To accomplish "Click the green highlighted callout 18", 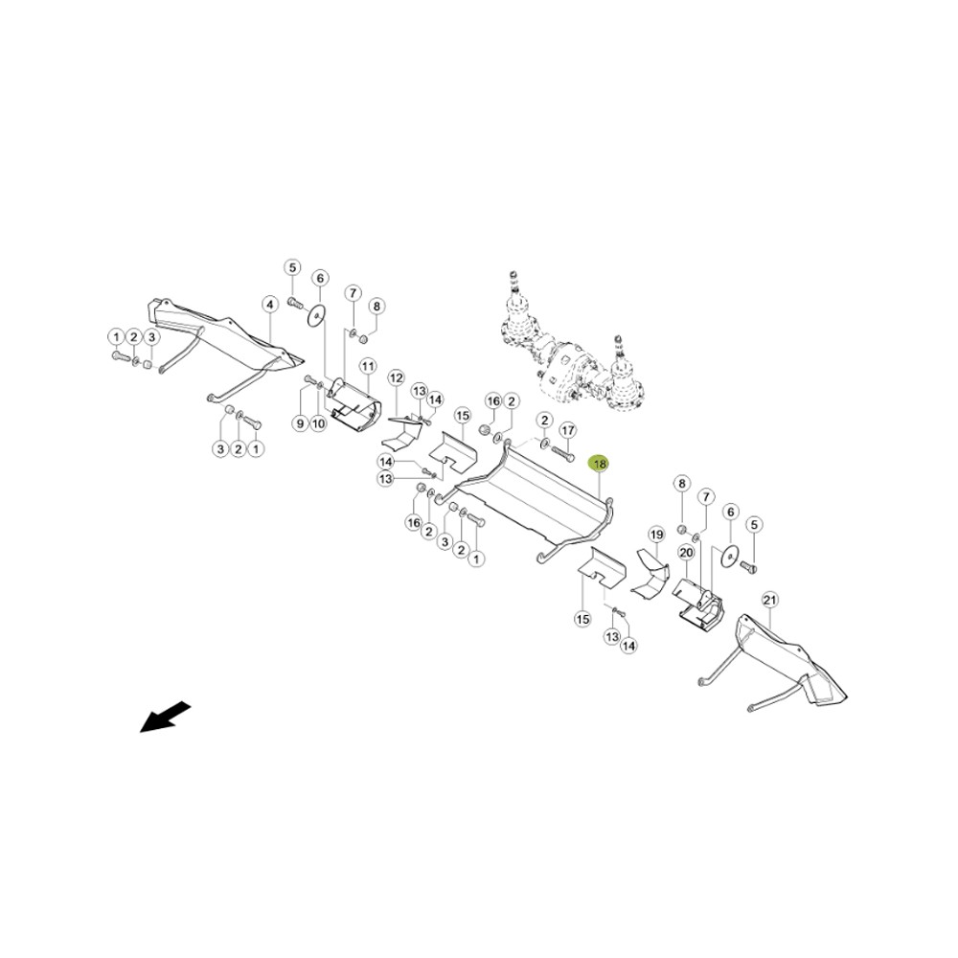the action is pyautogui.click(x=600, y=465).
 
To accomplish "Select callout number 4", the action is pyautogui.click(x=269, y=305).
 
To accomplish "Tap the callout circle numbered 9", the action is pyautogui.click(x=299, y=422).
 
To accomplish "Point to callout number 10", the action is pyautogui.click(x=318, y=422).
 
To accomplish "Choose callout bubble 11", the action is pyautogui.click(x=367, y=367).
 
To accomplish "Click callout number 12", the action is pyautogui.click(x=397, y=378).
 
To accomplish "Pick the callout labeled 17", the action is pyautogui.click(x=567, y=431).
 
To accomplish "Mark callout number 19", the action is pyautogui.click(x=656, y=536).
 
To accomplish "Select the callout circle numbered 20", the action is pyautogui.click(x=686, y=553).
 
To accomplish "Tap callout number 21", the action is pyautogui.click(x=770, y=601).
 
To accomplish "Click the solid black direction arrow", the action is pyautogui.click(x=166, y=718).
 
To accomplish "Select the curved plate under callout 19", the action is pyautogui.click(x=650, y=573).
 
